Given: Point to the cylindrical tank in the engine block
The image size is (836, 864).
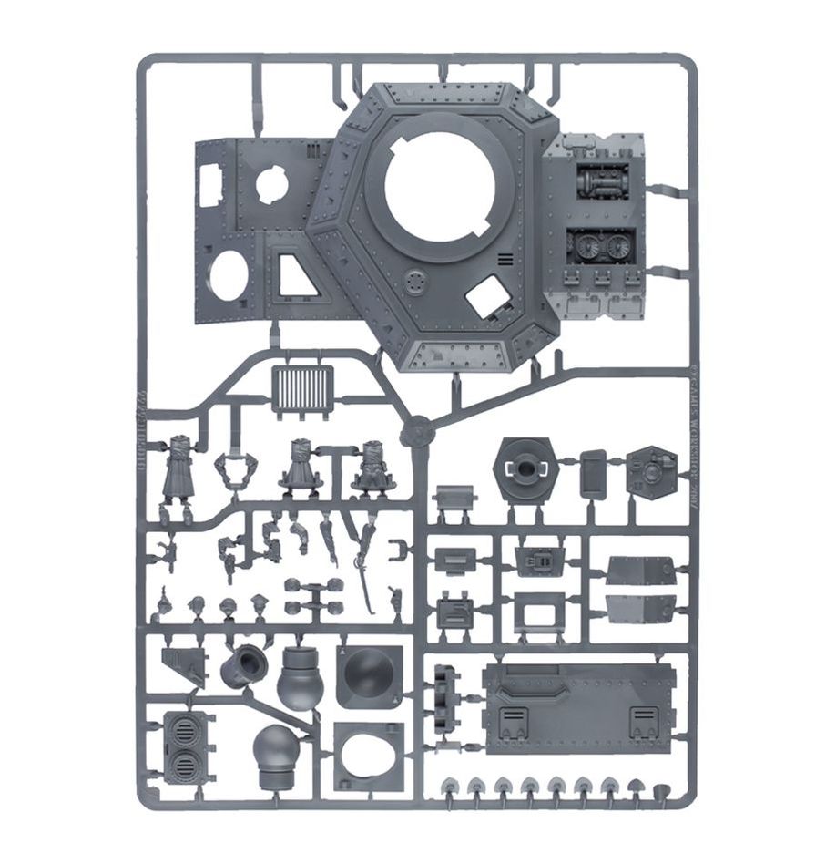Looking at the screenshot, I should click(x=598, y=183).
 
